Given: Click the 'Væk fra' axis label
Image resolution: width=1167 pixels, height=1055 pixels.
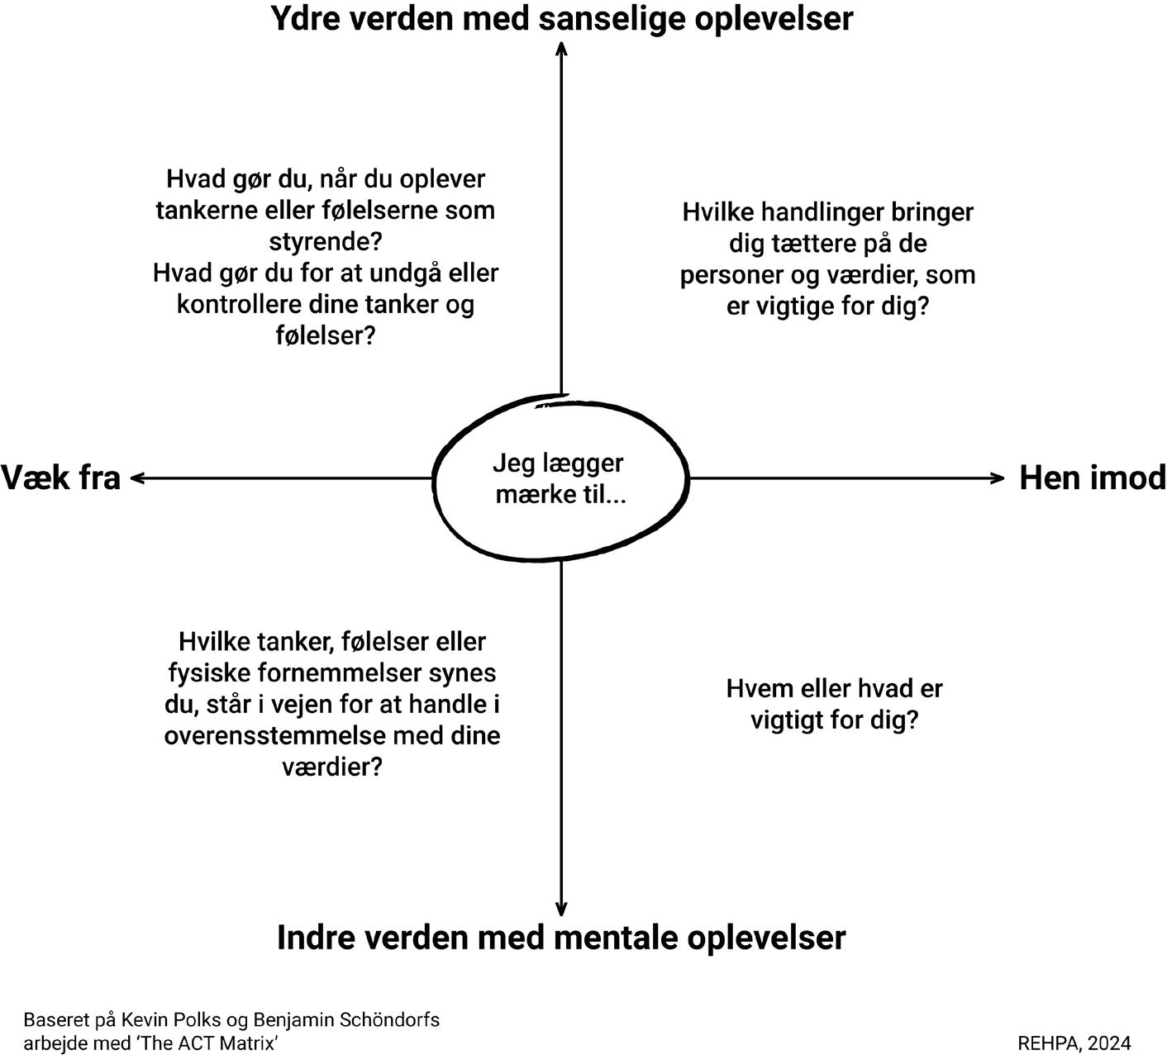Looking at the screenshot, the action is [60, 478].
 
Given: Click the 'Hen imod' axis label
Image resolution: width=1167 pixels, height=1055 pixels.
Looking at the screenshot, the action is [1092, 478].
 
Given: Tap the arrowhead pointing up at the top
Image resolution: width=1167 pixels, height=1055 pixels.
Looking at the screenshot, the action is [561, 48].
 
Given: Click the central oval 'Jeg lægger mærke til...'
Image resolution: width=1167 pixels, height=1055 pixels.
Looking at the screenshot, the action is [560, 478].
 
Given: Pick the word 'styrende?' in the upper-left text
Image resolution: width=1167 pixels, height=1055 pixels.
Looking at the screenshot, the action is [326, 241].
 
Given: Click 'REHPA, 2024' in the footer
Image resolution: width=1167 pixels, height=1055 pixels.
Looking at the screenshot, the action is [1074, 1043].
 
